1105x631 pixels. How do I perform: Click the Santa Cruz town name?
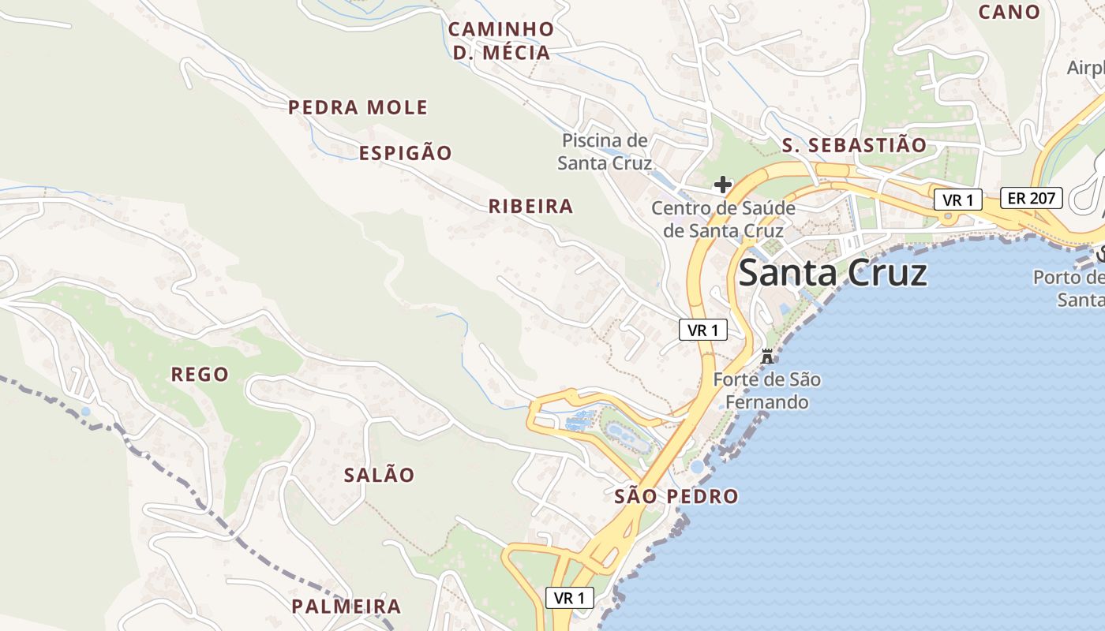[832, 274]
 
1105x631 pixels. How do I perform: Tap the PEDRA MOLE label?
[358, 107]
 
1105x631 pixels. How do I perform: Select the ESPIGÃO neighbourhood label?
[406, 153]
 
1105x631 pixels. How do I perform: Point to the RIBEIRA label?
[530, 207]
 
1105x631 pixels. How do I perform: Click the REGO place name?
[200, 374]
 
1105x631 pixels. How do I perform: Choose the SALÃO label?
[379, 475]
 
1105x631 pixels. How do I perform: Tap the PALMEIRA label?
[346, 607]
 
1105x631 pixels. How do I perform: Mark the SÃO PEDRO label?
[676, 497]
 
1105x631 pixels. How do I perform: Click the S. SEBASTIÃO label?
[853, 145]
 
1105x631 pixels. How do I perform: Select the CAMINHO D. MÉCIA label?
[501, 41]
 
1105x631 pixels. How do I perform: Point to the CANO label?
[1009, 12]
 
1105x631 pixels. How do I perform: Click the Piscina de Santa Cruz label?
[605, 151]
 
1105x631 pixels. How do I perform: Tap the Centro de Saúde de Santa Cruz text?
[723, 219]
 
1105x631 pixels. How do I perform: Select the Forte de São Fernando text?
[766, 391]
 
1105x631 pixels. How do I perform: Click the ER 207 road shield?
[1032, 198]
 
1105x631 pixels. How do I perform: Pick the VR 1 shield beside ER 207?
[957, 200]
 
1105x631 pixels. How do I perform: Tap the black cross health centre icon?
[722, 185]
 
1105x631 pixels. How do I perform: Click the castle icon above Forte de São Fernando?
[766, 356]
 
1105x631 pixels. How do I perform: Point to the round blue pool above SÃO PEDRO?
[696, 467]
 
